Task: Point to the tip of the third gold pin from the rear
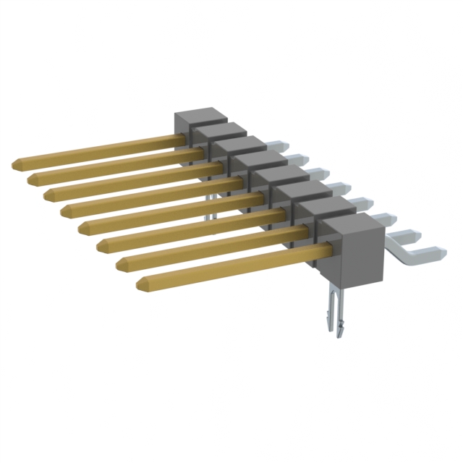coord(49,195)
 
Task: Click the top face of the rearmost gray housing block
coord(201,116)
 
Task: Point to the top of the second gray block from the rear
coord(219,130)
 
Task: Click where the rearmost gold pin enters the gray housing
coord(183,137)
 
